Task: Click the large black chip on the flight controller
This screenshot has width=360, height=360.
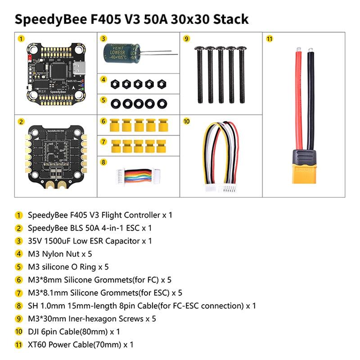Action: pos(58,68)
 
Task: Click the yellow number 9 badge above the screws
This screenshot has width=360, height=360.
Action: pos(186,38)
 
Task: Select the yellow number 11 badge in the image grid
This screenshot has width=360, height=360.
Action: pos(269,38)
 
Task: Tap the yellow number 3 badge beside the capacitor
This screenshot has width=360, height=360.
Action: pos(103,38)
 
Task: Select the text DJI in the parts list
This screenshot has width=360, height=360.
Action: pos(34,332)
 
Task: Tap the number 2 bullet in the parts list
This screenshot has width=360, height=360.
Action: pos(18,228)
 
